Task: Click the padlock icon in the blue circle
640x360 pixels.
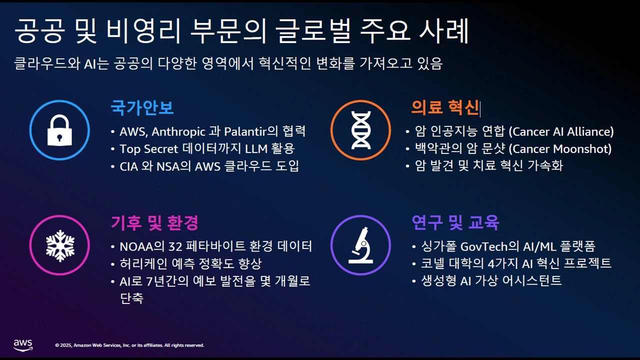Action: pos(59,130)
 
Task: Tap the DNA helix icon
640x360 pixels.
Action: pos(360,130)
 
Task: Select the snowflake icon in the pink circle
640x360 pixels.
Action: pos(60,245)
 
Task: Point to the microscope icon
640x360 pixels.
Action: pos(360,245)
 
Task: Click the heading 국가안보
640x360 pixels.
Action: pos(142,107)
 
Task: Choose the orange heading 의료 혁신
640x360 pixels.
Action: pos(444,107)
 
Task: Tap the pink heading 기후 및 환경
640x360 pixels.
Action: pos(154,223)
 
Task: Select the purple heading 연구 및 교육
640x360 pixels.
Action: pos(455,223)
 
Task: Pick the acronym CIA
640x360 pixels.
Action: pos(128,166)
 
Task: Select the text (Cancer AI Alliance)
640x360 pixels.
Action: pos(561,132)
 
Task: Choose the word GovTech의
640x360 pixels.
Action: pos(496,246)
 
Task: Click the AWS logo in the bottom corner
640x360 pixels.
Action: pos(23,345)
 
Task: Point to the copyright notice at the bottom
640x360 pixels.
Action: pos(129,345)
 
